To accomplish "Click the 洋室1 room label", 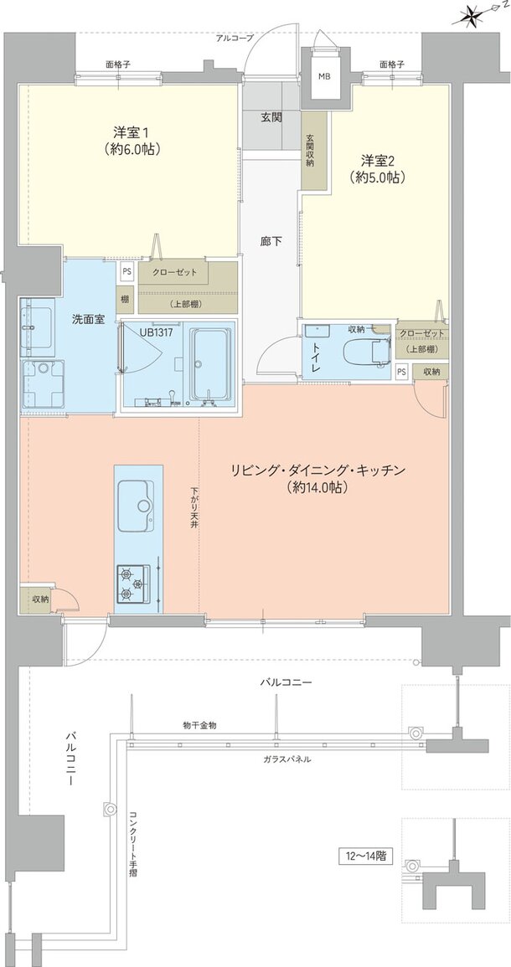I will tap(132, 141).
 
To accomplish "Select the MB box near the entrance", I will tap(323, 77).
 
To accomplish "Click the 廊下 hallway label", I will tap(270, 242).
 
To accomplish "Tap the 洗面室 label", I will tap(88, 319).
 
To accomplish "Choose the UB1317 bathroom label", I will tap(158, 332).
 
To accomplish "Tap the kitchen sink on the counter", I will tap(134, 506).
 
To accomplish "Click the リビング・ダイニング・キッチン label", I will tap(318, 479).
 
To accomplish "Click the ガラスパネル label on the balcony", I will tap(286, 759).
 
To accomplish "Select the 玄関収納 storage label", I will tap(309, 151).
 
